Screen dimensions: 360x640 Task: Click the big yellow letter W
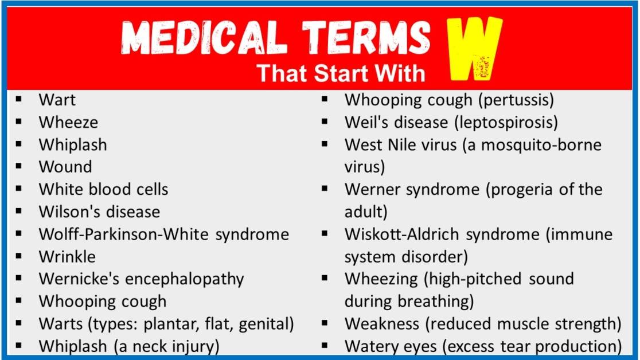474,49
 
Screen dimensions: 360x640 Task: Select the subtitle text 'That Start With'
341,73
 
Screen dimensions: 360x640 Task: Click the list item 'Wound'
65,167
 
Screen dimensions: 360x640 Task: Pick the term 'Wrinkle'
67,256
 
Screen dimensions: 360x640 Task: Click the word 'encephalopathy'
185,279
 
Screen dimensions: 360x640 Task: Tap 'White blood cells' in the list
103,189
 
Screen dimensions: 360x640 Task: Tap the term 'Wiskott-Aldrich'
403,234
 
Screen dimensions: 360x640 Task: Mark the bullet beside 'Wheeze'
19,122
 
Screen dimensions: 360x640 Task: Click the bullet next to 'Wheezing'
325,278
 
